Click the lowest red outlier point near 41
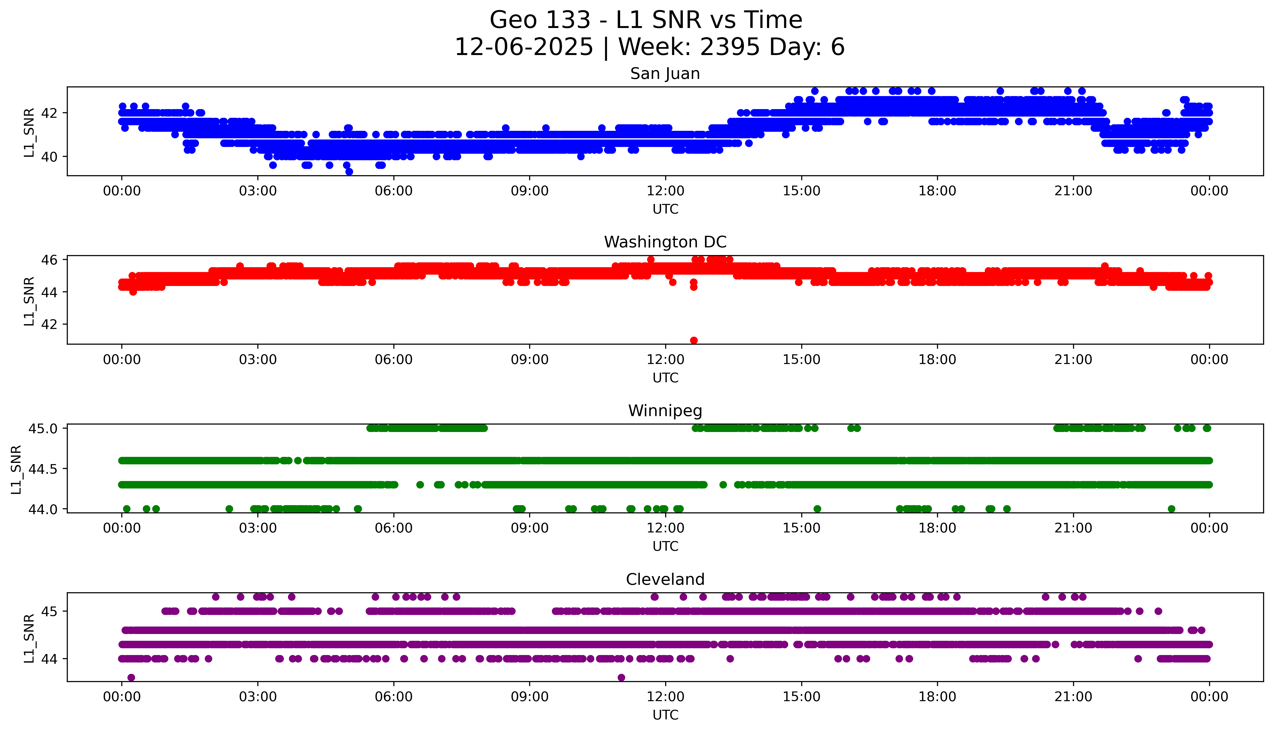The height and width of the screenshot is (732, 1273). (x=694, y=340)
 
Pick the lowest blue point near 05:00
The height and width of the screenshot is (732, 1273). (x=349, y=172)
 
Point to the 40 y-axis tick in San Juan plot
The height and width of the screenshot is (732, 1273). (x=49, y=157)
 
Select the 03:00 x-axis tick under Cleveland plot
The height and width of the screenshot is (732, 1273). (x=258, y=697)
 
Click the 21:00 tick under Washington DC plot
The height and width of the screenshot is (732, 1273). (x=1073, y=359)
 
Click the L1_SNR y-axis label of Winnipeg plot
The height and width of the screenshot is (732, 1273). (x=16, y=469)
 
